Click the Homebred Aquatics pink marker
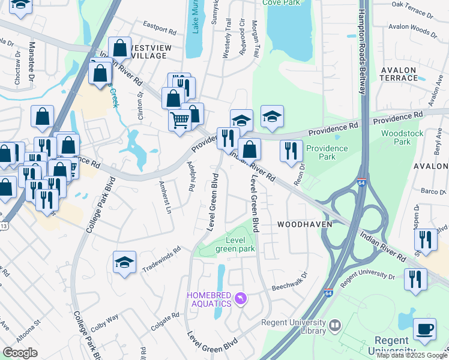pyautogui.click(x=241, y=298)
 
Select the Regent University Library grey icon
pyautogui.click(x=335, y=326)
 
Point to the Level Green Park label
pyautogui.click(x=240, y=244)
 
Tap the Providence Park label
pyautogui.click(x=327, y=152)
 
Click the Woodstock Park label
pyautogui.click(x=403, y=137)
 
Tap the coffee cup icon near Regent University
pyautogui.click(x=425, y=329)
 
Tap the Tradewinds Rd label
pyautogui.click(x=161, y=260)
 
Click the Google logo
pyautogui.click(x=20, y=352)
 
